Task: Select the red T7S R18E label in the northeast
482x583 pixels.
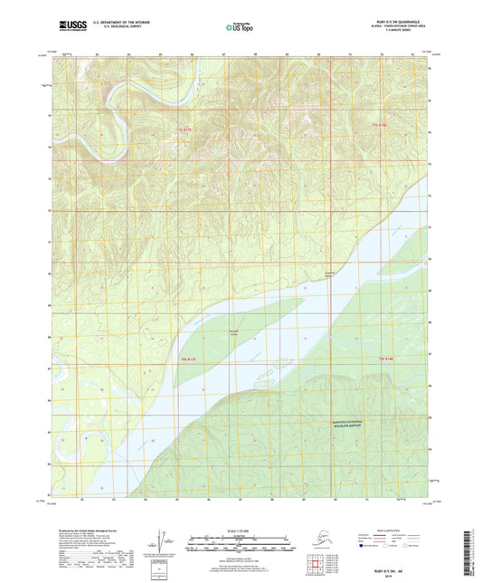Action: (383, 124)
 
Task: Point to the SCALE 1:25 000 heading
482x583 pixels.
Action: (240, 532)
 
